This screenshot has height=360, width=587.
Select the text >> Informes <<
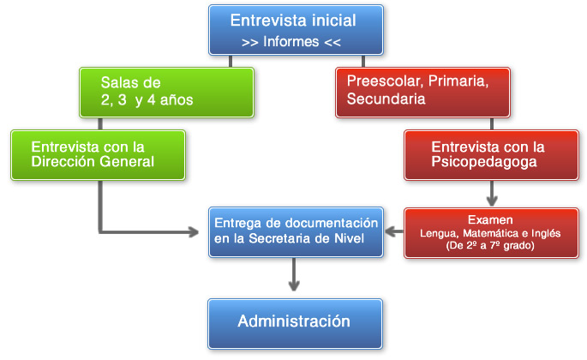click(293, 40)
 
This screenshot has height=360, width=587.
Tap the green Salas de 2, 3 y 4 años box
click(167, 92)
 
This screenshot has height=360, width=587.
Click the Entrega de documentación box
click(296, 231)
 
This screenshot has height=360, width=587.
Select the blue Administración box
click(294, 322)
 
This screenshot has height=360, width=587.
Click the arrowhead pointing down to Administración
click(294, 285)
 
